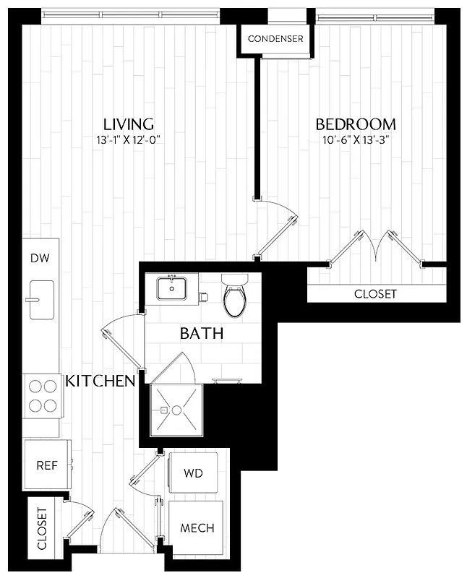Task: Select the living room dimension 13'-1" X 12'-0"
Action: coord(127,140)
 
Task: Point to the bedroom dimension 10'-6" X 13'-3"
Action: coord(357,140)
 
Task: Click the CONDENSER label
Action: coord(275,38)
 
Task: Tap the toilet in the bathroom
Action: coord(235,296)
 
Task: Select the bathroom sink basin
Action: coord(172,288)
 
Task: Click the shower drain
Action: coord(166,410)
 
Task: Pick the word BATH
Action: coord(201,334)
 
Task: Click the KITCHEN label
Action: coord(100,381)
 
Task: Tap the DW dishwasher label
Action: coord(39,258)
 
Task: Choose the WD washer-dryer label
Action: coord(192,474)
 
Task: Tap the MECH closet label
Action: coord(197,528)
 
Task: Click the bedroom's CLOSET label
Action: coord(375,294)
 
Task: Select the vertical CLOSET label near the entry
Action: coord(41,529)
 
